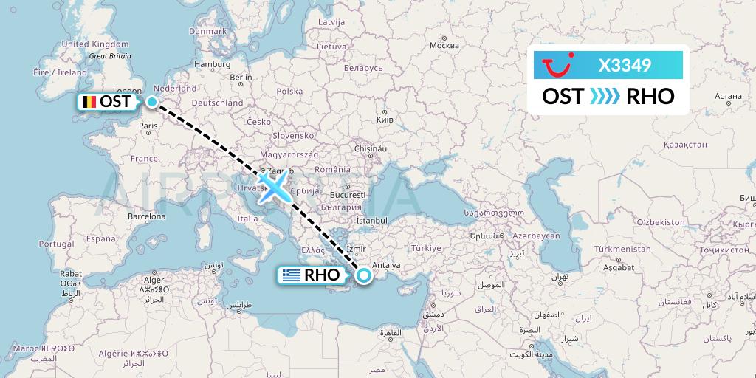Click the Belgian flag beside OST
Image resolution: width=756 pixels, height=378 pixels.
(x=89, y=102)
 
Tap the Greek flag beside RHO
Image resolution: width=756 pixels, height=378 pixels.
(x=291, y=275)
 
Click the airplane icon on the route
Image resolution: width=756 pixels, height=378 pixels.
(x=272, y=187)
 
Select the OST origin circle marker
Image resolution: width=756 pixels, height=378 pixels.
(x=151, y=102)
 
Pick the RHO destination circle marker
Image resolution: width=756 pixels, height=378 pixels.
(x=364, y=275)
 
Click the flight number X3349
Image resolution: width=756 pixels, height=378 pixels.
(x=625, y=66)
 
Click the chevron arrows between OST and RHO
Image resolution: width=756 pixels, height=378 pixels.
(x=606, y=96)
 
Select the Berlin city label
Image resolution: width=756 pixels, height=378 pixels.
(x=241, y=77)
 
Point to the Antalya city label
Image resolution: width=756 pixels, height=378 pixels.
(x=387, y=265)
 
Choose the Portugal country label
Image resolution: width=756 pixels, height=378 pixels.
(x=57, y=243)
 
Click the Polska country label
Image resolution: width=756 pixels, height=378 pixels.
(x=289, y=92)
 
